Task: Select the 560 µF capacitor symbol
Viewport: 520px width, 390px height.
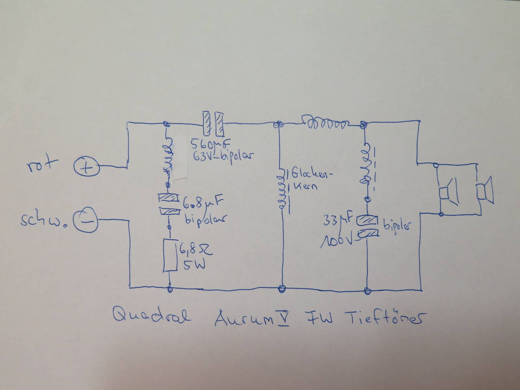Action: pyautogui.click(x=213, y=124)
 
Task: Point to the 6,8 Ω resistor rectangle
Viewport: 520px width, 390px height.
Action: pyautogui.click(x=170, y=255)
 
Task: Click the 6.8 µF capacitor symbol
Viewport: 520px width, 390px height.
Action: pyautogui.click(x=169, y=205)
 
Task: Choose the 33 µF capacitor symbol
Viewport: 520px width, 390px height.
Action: pyautogui.click(x=367, y=227)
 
